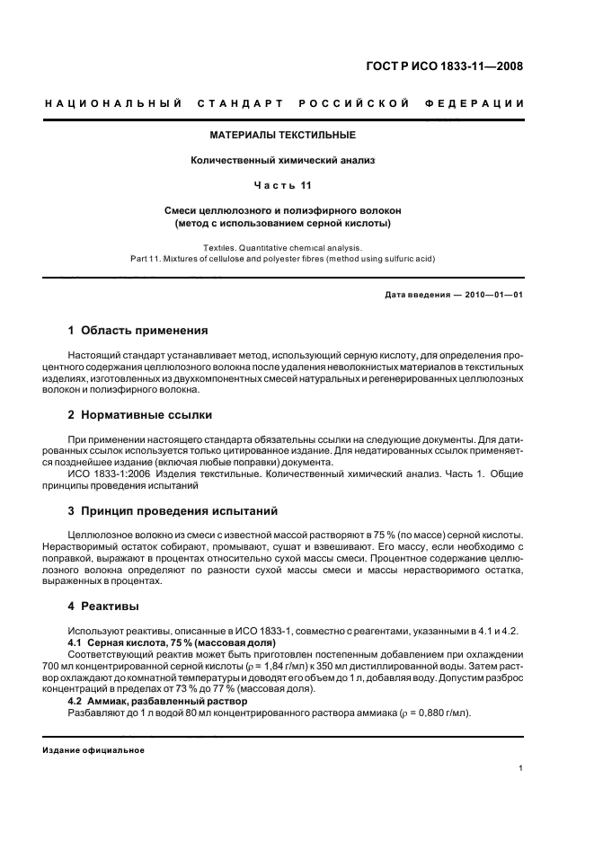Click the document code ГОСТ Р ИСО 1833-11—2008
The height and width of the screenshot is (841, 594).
click(458, 66)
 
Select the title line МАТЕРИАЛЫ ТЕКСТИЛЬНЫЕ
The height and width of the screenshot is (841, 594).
click(283, 136)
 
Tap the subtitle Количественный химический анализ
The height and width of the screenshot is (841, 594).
click(283, 161)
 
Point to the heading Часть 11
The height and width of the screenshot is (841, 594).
click(283, 186)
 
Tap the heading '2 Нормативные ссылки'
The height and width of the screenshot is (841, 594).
click(140, 415)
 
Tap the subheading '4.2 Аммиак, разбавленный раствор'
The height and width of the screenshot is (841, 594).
click(152, 700)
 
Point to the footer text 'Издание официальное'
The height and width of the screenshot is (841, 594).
click(94, 751)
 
